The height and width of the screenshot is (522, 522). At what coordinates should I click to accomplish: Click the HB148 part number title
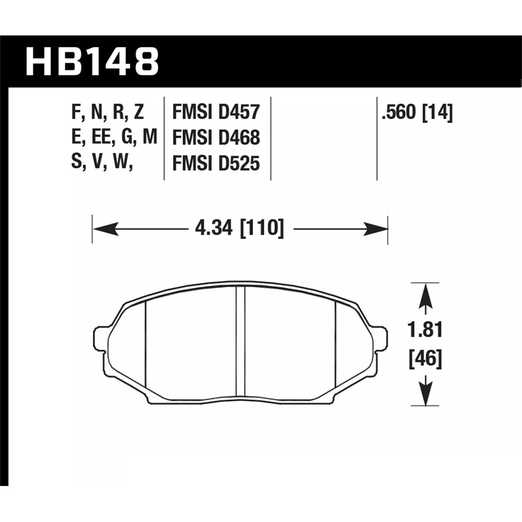point(92,61)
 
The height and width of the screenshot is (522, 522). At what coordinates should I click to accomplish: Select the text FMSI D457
point(216,112)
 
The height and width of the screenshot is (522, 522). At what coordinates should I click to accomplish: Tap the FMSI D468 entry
point(216,137)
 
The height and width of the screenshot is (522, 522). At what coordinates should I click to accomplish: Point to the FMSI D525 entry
point(216,164)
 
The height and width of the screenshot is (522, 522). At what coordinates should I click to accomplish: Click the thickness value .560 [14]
point(418,113)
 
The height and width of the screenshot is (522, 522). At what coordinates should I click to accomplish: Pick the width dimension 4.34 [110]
point(240,229)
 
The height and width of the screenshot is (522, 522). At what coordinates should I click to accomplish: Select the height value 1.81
point(425,330)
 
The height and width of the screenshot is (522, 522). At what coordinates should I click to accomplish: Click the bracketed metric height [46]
point(426,359)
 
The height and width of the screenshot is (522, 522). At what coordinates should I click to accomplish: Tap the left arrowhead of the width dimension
point(106,229)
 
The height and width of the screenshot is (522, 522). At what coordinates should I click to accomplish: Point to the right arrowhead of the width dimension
point(375,229)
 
